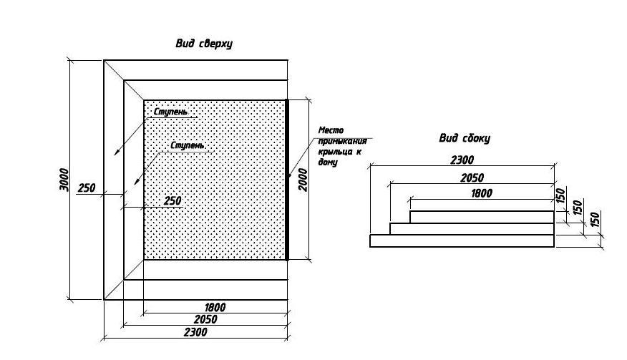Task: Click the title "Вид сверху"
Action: click(x=204, y=43)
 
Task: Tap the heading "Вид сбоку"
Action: click(x=465, y=138)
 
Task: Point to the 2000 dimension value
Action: click(x=303, y=180)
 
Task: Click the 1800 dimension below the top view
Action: click(x=215, y=307)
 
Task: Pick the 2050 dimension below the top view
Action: click(x=205, y=319)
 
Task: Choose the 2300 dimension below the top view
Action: click(x=195, y=332)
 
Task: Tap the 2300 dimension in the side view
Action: click(x=462, y=160)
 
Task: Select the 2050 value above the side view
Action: click(x=472, y=177)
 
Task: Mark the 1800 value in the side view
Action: click(x=482, y=193)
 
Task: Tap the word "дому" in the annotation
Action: click(x=328, y=162)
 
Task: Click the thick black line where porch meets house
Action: click(x=287, y=180)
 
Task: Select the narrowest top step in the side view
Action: click(x=482, y=217)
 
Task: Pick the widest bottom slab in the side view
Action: click(x=462, y=240)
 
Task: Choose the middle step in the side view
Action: click(x=472, y=229)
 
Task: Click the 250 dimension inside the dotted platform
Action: click(x=172, y=200)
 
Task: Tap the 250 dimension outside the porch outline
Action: click(x=87, y=188)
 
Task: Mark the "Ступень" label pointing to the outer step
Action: click(x=171, y=112)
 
